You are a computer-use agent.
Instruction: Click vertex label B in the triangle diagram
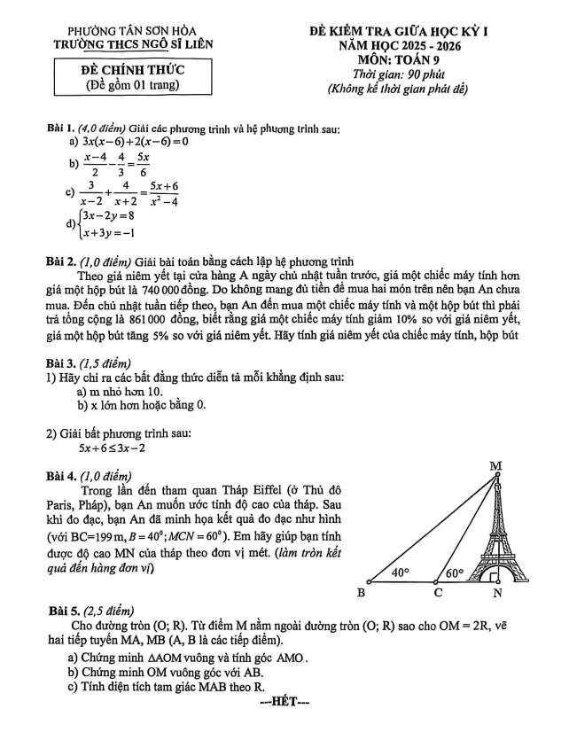(362, 591)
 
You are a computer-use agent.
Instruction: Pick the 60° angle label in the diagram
(454, 573)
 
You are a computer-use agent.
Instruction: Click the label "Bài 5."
(66, 610)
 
